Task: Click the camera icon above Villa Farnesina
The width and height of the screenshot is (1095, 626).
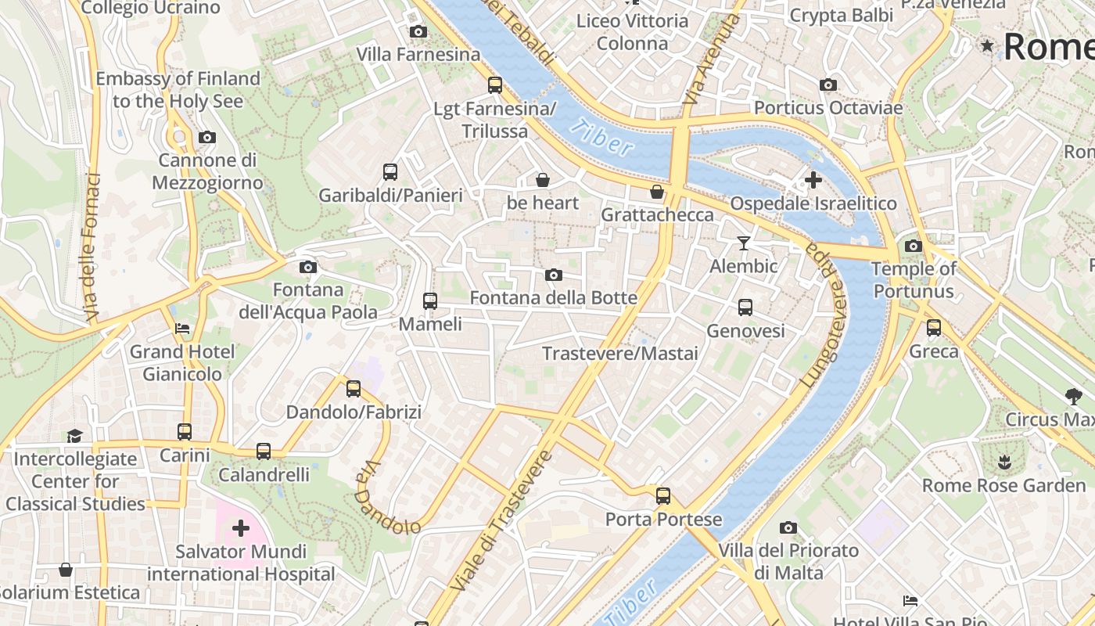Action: pos(418,32)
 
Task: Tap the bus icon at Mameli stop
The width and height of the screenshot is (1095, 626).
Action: pos(429,301)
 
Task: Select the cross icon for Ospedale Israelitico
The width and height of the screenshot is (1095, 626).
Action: pos(813,180)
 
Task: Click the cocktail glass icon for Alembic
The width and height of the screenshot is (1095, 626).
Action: pos(744,243)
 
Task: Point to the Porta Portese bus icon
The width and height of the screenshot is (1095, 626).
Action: pos(663,496)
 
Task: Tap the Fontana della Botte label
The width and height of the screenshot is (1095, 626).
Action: pos(553,298)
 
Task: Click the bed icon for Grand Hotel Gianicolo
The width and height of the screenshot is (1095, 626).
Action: pos(182,329)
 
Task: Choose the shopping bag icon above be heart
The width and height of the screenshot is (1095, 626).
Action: pos(543,180)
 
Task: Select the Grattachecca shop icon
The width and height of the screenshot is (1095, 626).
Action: pos(657,192)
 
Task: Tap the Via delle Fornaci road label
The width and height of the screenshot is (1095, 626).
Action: pos(92,247)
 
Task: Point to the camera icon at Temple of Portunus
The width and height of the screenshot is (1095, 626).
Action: pos(913,246)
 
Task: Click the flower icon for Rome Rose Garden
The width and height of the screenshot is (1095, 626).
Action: pos(1004,462)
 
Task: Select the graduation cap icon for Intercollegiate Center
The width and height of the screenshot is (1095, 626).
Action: pos(74,436)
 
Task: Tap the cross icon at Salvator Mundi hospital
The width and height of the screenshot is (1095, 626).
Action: pos(241,528)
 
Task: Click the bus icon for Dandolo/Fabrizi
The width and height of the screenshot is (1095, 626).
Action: pos(354,389)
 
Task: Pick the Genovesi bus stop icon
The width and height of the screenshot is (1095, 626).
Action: pos(745,308)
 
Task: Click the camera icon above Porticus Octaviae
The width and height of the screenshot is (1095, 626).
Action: pos(828,85)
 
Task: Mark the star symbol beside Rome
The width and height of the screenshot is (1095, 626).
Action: pos(988,46)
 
